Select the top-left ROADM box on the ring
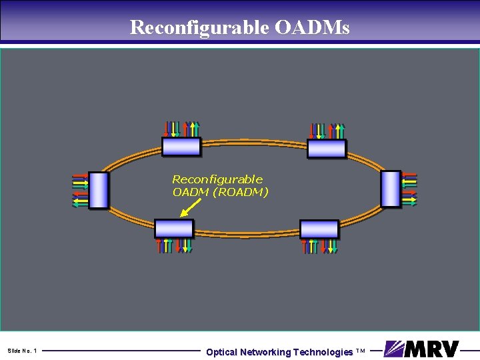pyautogui.click(x=181, y=147)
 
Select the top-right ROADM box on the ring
pyautogui.click(x=326, y=148)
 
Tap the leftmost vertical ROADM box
pyautogui.click(x=98, y=190)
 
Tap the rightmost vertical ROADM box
pyautogui.click(x=391, y=189)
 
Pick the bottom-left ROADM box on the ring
pyautogui.click(x=174, y=229)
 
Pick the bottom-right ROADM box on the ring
pyautogui.click(x=319, y=229)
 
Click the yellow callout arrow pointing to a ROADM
pyautogui.click(x=190, y=209)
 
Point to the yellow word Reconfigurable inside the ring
pyautogui.click(x=217, y=179)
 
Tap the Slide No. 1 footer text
pyautogui.click(x=23, y=351)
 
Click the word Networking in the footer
pyautogui.click(x=265, y=352)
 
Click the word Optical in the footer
pyautogui.click(x=221, y=352)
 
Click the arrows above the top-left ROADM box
pyautogui.click(x=181, y=129)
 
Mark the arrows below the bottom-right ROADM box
pyautogui.click(x=320, y=246)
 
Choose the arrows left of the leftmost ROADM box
pyautogui.click(x=80, y=190)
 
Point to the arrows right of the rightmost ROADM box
pyautogui.click(x=409, y=189)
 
